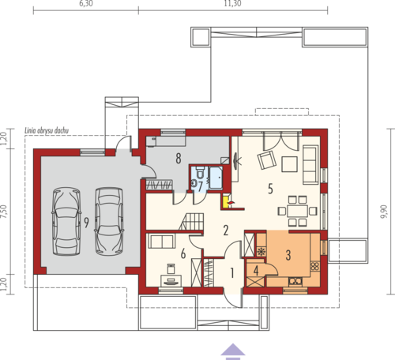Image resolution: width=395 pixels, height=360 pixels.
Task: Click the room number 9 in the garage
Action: [86, 223]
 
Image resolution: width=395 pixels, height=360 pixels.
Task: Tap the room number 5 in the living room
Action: [270, 189]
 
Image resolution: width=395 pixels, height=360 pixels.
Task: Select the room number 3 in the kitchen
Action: [288, 255]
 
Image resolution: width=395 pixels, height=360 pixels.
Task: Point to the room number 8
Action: [179, 159]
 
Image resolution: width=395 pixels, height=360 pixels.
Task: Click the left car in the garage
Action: [66, 221]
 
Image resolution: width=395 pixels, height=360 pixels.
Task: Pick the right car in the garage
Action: [109, 221]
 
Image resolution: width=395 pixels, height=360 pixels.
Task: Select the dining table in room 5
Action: [298, 211]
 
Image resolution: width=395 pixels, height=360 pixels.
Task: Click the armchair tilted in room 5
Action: [267, 159]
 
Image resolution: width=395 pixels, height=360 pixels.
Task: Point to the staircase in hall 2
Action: [192, 221]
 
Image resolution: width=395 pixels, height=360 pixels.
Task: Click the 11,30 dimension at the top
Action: [233, 3]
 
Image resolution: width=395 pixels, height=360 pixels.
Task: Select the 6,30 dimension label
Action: [86, 3]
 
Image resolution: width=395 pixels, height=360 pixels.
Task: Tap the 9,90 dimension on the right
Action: [385, 212]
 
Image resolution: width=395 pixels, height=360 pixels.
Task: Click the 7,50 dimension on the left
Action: [4, 212]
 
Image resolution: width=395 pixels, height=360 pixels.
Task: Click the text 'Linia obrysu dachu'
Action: [47, 130]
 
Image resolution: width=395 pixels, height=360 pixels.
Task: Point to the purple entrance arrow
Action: [233, 351]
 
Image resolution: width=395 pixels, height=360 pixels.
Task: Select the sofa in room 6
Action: [162, 242]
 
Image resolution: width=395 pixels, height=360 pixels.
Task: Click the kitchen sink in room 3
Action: [295, 281]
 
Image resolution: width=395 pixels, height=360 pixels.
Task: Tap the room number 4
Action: [256, 271]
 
